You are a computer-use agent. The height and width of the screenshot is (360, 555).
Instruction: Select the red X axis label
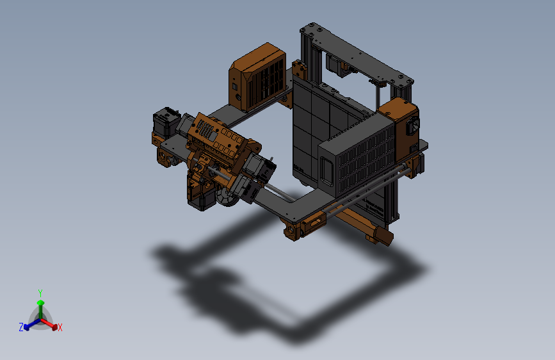click(x=60, y=328)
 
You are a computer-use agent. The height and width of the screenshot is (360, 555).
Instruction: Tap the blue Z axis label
click(x=21, y=327)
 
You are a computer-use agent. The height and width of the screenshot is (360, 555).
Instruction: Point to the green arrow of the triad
click(x=40, y=304)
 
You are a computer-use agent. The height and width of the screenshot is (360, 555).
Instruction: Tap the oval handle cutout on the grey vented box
click(x=326, y=174)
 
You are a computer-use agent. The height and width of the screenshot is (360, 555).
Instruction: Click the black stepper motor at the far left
click(x=164, y=122)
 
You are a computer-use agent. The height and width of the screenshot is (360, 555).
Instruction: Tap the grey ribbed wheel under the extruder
click(x=225, y=198)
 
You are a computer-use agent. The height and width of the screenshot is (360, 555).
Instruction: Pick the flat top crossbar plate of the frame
click(x=358, y=58)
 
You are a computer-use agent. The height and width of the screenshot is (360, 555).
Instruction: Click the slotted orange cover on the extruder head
click(x=218, y=138)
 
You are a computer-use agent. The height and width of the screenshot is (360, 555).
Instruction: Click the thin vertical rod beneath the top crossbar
click(x=378, y=96)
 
